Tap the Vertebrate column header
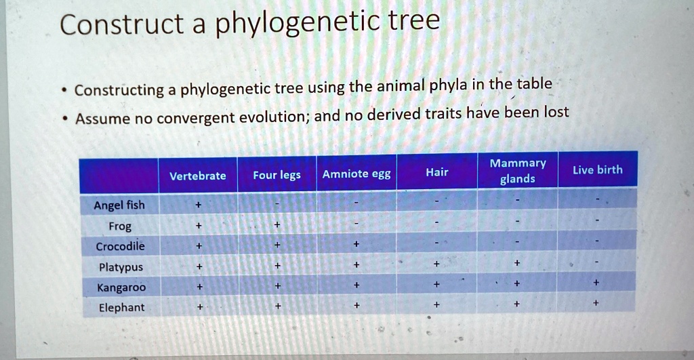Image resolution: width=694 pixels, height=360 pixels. click(197, 176)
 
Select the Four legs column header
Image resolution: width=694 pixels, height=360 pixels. click(277, 175)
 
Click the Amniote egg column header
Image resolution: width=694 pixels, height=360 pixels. click(356, 174)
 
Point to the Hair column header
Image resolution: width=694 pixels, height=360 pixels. click(436, 172)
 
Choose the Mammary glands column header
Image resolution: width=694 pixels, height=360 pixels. click(518, 171)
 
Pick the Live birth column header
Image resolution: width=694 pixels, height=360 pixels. click(597, 169)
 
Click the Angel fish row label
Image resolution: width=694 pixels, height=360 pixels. click(119, 205)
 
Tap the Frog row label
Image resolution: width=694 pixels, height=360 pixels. click(119, 226)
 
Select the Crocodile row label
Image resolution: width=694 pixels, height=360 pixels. click(120, 246)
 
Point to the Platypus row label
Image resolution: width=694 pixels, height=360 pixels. click(120, 267)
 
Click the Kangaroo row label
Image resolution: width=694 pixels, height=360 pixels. click(121, 287)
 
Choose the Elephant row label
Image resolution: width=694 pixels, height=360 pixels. click(121, 308)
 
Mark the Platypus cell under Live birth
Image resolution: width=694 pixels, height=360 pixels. click(597, 262)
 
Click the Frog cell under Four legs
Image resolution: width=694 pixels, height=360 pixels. click(277, 225)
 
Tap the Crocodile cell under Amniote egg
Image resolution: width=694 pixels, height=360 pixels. click(356, 245)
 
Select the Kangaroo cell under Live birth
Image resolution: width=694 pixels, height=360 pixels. click(596, 282)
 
